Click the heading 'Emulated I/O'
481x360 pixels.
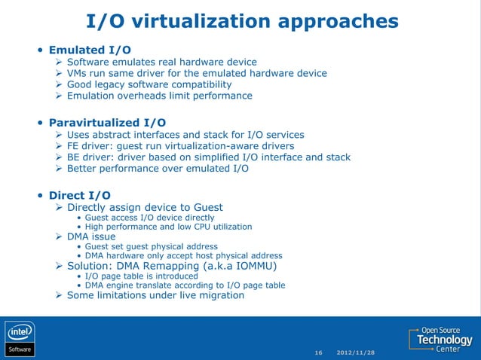click(x=94, y=50)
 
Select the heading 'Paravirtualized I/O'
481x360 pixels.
click(x=108, y=122)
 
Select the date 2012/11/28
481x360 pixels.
click(x=356, y=352)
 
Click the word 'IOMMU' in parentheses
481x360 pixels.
click(x=253, y=266)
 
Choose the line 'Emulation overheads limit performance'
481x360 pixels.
click(x=159, y=96)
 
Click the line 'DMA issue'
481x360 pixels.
click(x=91, y=236)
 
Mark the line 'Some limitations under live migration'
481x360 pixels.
click(x=155, y=295)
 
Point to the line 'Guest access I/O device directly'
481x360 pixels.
click(x=149, y=218)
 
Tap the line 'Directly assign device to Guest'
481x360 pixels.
click(x=145, y=207)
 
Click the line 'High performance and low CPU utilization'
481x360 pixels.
click(x=168, y=227)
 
